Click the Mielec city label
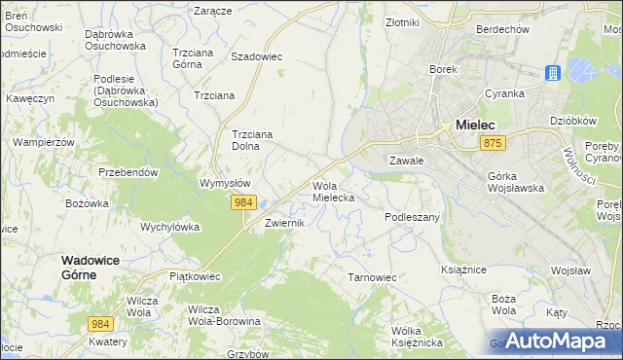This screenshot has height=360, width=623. [x=476, y=125]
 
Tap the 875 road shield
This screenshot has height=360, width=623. [x=493, y=144]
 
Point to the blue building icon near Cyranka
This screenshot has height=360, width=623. [x=552, y=74]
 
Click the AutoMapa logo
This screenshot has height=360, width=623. [x=553, y=341]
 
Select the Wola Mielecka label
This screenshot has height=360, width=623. [x=333, y=191]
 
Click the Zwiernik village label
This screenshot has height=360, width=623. [x=286, y=223]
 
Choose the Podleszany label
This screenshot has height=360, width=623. [x=413, y=217]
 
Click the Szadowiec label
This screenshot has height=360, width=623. [x=256, y=56]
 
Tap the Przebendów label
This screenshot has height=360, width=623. [x=128, y=172]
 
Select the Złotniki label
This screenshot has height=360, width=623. [x=402, y=21]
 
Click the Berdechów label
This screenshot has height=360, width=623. [x=502, y=29]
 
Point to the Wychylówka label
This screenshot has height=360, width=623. [x=170, y=227]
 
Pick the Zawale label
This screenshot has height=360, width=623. [x=405, y=161]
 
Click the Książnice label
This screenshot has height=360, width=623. [x=463, y=269]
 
